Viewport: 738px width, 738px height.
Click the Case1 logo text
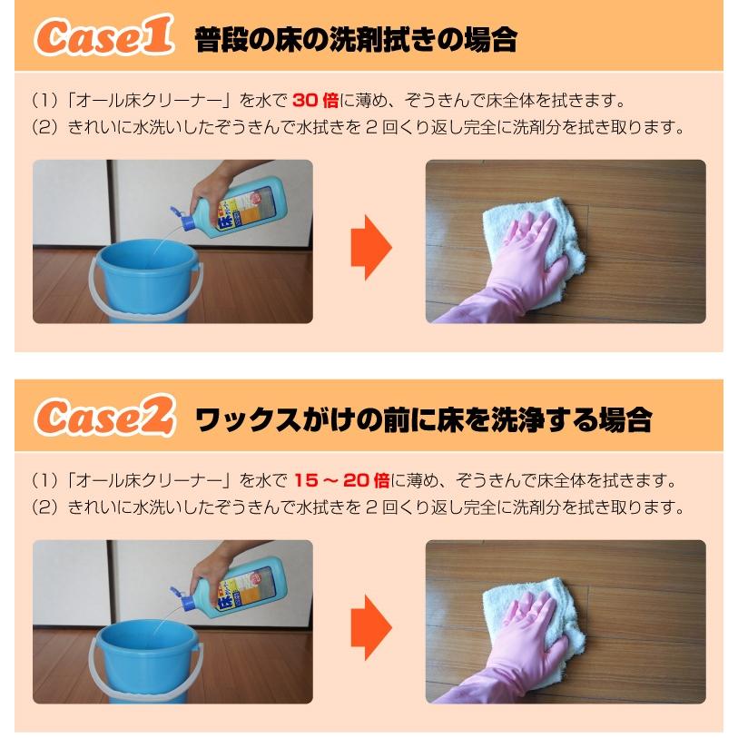102,37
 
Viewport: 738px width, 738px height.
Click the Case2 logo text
102,417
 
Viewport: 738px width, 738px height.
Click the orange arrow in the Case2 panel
370,627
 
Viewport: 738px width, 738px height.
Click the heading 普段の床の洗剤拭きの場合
356,39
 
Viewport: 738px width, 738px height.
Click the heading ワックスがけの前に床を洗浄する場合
423,418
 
